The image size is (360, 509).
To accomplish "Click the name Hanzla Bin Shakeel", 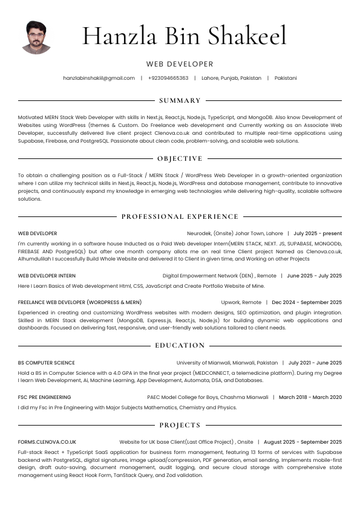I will (185, 36).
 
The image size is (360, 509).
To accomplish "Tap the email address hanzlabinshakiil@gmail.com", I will (99, 78).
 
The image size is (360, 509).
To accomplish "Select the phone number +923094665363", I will (168, 78).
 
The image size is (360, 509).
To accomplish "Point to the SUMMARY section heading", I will (180, 100).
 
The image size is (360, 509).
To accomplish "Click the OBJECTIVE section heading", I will (180, 158).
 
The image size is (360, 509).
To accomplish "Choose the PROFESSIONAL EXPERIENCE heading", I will (180, 216).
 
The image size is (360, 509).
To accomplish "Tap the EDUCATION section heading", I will (180, 345).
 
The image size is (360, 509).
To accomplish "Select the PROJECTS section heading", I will (180, 425).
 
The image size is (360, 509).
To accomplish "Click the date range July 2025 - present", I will (318, 233).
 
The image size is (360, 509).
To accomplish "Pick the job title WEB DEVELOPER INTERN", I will (47, 276).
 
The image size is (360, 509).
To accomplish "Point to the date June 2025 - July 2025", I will (314, 276).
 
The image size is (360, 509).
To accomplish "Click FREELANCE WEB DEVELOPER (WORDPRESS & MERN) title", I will (80, 302).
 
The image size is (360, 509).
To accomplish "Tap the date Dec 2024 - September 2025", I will (307, 302).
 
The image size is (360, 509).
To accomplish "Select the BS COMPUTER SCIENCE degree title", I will (47, 363).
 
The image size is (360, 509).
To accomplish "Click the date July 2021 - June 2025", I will (315, 363).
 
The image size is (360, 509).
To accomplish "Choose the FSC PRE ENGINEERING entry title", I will (44, 397).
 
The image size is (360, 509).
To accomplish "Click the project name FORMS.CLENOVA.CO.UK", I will (47, 442).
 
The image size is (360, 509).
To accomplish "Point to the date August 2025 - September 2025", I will (303, 442).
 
